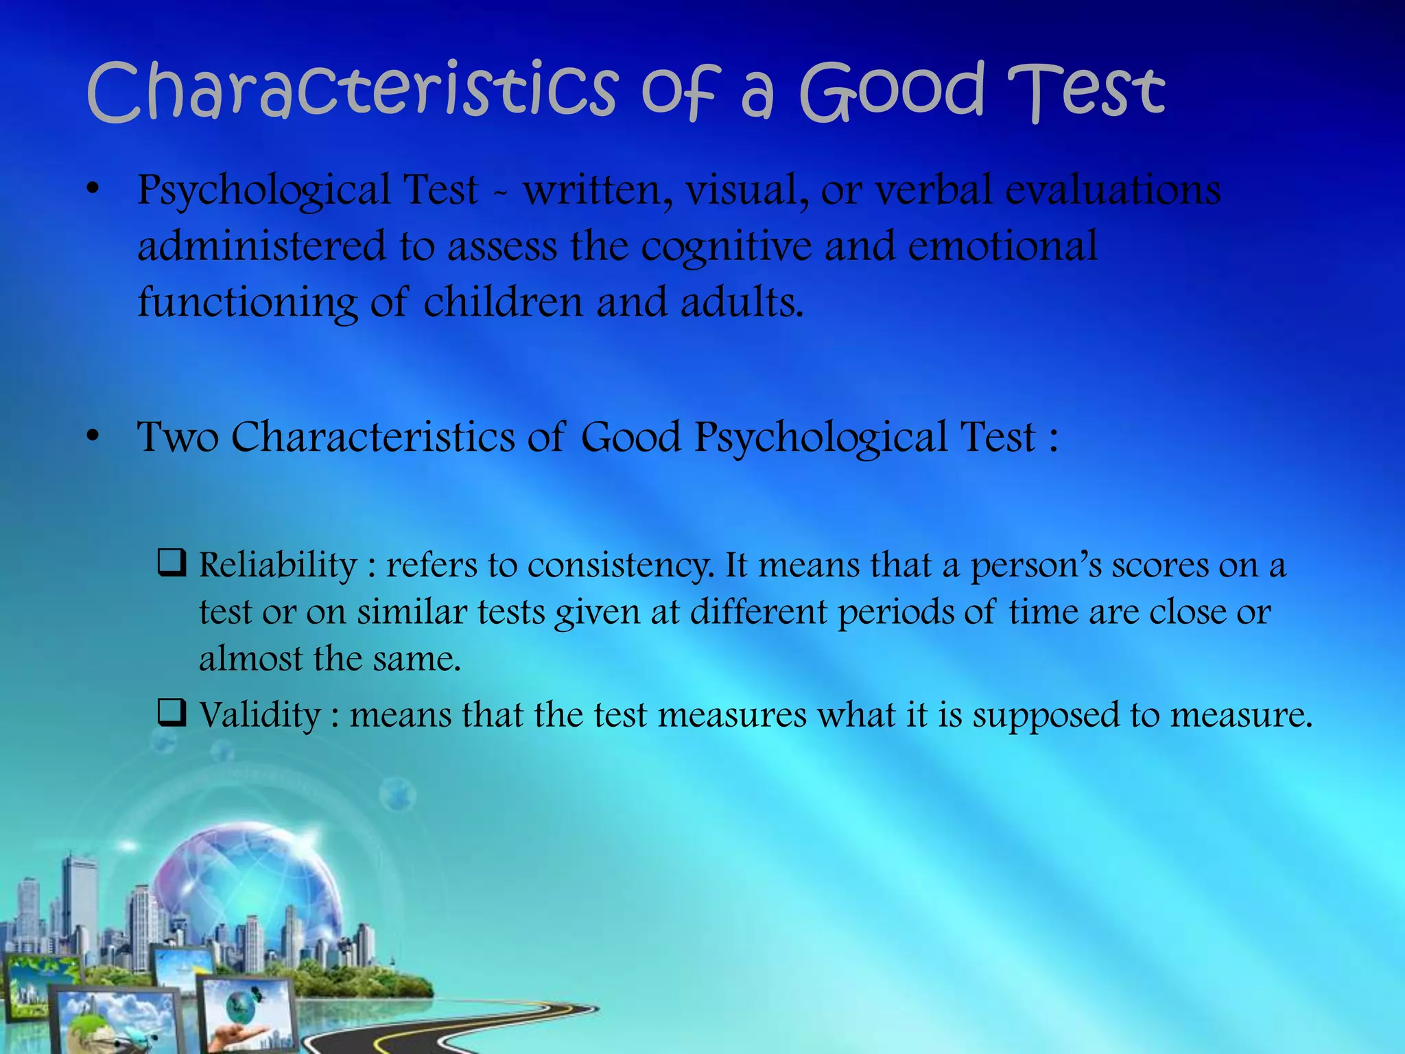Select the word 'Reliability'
point(278,565)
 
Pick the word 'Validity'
point(260,715)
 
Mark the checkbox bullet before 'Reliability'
point(171,563)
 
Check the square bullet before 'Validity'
point(171,713)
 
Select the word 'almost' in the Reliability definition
point(250,659)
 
